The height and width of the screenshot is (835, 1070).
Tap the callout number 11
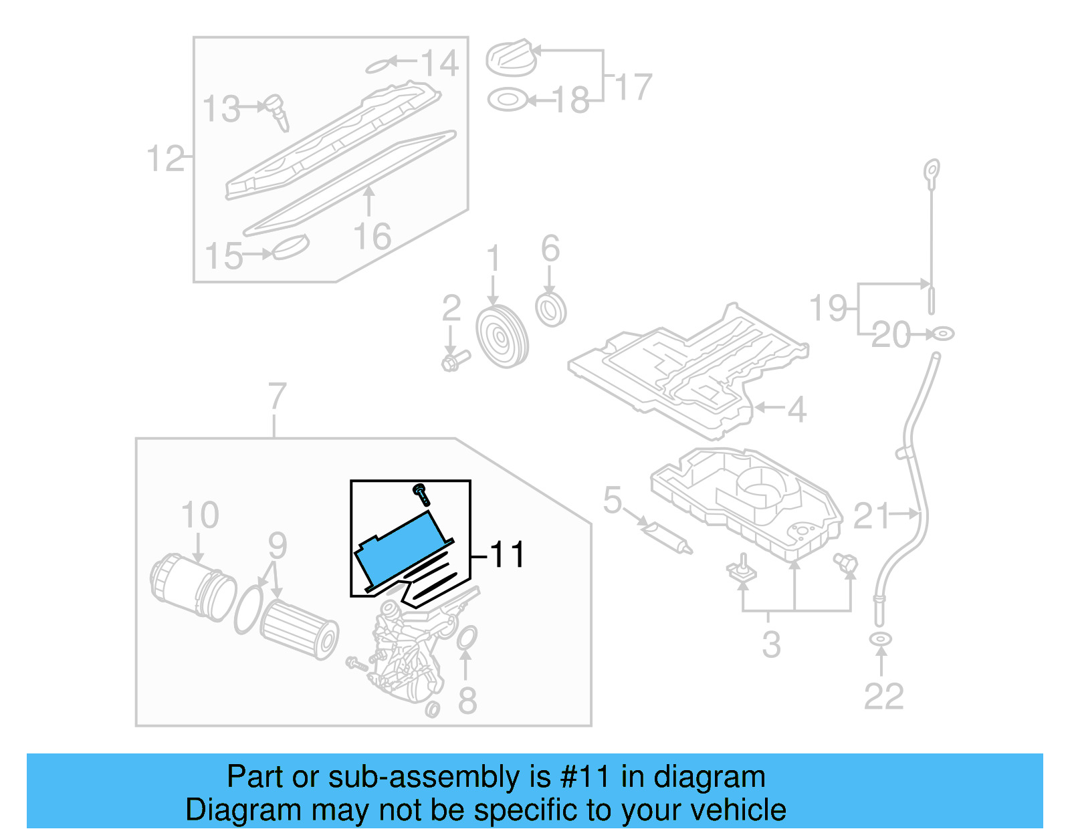(x=508, y=555)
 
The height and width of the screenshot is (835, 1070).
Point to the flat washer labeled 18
(x=507, y=100)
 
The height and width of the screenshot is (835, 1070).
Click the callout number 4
(x=796, y=409)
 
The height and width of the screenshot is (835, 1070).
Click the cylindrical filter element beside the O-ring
(x=298, y=628)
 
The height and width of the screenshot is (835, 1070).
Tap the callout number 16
(x=372, y=237)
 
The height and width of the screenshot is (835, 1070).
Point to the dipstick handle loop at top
(x=932, y=170)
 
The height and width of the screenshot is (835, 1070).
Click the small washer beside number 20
(x=942, y=333)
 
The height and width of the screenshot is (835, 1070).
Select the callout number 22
(x=883, y=697)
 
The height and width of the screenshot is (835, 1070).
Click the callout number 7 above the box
(x=277, y=396)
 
